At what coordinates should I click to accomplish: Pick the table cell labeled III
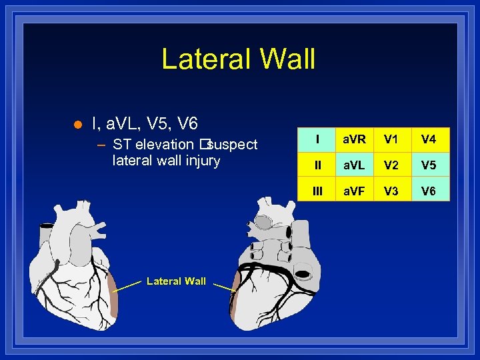(x=317, y=191)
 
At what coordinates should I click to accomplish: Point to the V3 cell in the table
(x=391, y=191)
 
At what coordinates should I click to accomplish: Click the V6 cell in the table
(x=429, y=191)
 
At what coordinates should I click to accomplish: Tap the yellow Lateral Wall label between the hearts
(x=176, y=281)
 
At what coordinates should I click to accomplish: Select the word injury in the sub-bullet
(x=203, y=161)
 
